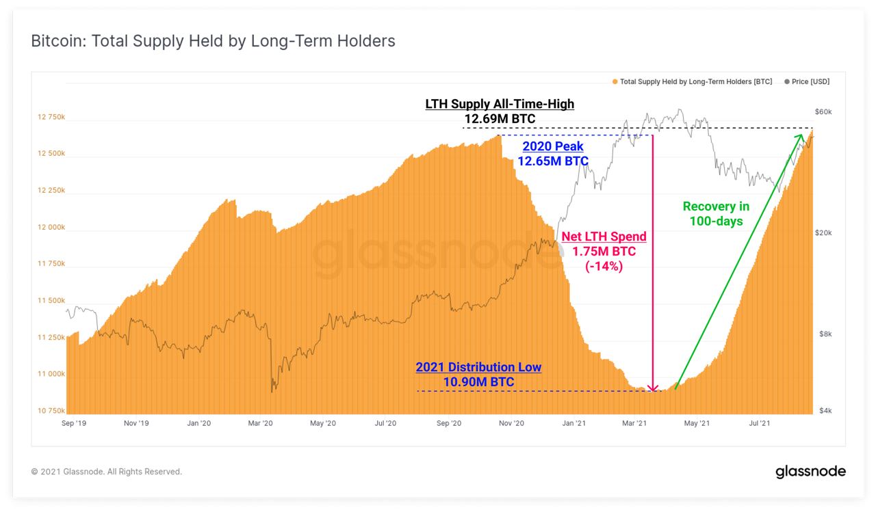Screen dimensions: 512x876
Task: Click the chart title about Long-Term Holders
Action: click(213, 41)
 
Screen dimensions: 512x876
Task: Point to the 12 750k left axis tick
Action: click(51, 117)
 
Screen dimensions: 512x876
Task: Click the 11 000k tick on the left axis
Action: click(51, 374)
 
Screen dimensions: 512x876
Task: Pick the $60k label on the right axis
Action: click(822, 111)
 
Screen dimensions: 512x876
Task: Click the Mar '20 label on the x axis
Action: click(260, 424)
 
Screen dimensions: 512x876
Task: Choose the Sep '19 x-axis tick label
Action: click(73, 424)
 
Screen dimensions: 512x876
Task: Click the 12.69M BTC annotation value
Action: click(500, 120)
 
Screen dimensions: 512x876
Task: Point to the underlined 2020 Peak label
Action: click(553, 147)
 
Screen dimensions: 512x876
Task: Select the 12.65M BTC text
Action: click(553, 161)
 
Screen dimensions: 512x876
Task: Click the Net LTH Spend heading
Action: click(604, 237)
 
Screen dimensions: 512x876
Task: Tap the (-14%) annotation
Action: click(604, 267)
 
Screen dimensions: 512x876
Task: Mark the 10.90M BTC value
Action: click(478, 382)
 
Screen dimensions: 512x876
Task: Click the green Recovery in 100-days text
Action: click(716, 213)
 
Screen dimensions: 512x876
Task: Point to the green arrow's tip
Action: click(801, 135)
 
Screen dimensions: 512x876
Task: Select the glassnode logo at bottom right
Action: click(810, 472)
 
